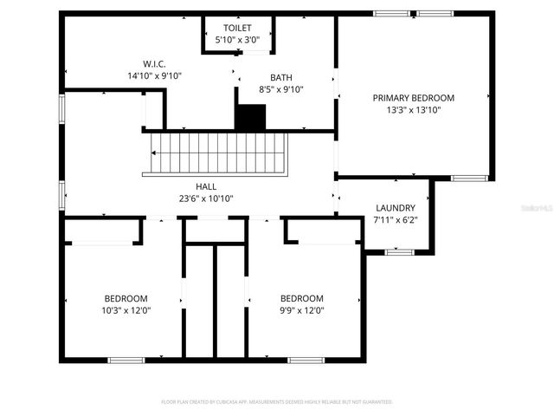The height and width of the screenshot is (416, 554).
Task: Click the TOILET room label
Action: (x=237, y=28)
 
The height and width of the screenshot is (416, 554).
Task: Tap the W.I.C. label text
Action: (x=154, y=63)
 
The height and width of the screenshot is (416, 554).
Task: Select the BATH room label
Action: (x=281, y=76)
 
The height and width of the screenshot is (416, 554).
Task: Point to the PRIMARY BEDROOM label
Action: (x=413, y=98)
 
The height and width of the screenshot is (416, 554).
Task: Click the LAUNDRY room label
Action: (x=396, y=208)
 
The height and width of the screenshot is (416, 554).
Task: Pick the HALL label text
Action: (x=206, y=186)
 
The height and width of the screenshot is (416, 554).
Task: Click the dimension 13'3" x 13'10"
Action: (x=413, y=110)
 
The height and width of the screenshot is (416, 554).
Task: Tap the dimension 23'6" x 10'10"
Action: (x=206, y=198)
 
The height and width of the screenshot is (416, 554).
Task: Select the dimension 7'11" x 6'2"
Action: (x=396, y=220)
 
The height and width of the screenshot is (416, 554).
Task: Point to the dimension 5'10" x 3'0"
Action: (x=237, y=40)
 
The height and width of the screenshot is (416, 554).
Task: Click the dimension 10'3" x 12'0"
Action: (x=126, y=310)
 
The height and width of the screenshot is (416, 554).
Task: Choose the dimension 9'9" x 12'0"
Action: (x=302, y=310)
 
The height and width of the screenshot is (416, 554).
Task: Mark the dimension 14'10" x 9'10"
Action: (x=154, y=75)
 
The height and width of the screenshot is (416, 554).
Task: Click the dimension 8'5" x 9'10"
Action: (x=281, y=88)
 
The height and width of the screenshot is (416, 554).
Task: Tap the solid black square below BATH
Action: (x=251, y=117)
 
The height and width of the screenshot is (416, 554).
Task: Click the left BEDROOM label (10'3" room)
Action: (x=126, y=298)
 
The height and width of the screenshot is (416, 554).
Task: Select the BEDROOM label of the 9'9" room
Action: (x=302, y=298)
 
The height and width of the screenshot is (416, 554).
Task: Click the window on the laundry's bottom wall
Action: (x=398, y=252)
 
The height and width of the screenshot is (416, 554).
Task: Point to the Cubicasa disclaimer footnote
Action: (x=277, y=402)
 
